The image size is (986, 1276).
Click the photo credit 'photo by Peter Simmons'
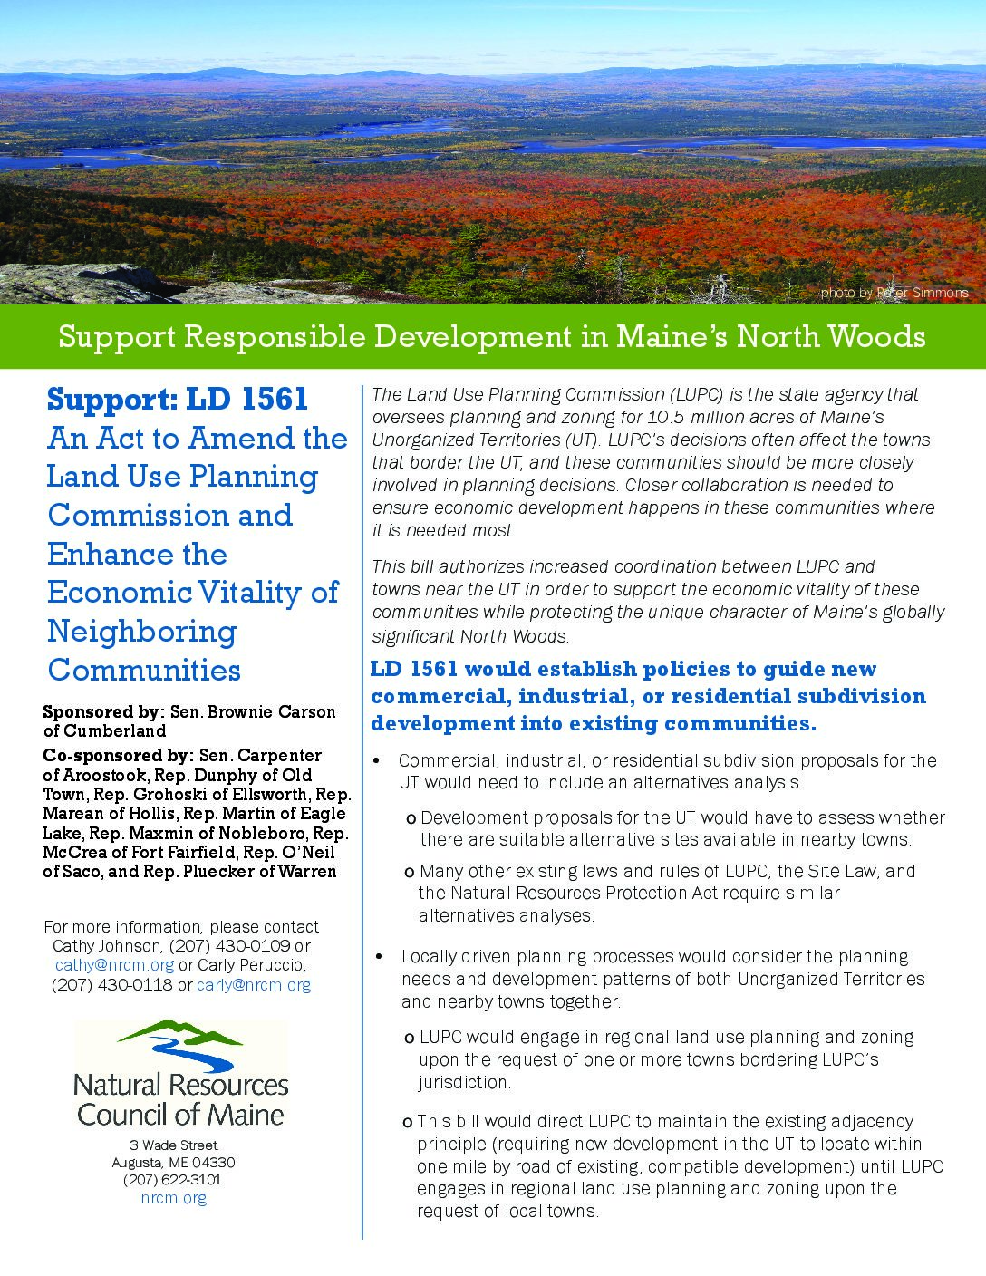click(x=894, y=293)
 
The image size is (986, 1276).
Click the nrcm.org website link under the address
click(x=174, y=1198)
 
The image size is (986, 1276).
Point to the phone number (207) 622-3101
click(x=172, y=1180)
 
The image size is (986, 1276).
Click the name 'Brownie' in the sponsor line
click(x=240, y=712)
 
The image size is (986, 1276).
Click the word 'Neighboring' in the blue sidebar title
click(x=141, y=631)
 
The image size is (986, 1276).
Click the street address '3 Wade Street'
click(x=174, y=1145)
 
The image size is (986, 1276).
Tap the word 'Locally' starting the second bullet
click(x=430, y=957)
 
